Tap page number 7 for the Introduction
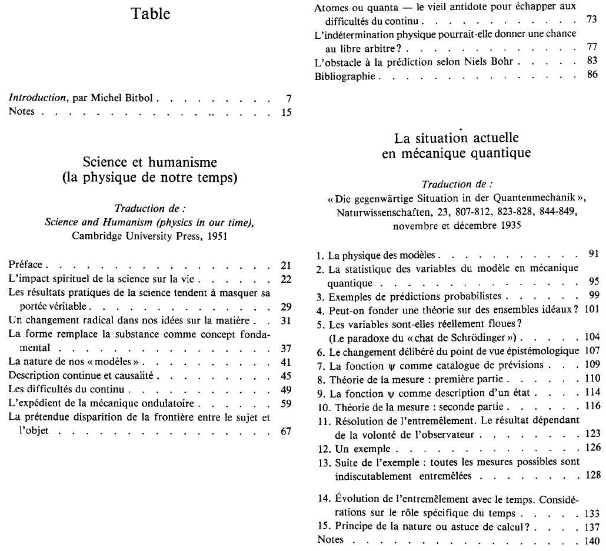tap(288, 99)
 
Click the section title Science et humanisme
tap(150, 162)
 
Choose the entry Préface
tap(27, 265)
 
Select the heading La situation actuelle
tap(457, 139)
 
